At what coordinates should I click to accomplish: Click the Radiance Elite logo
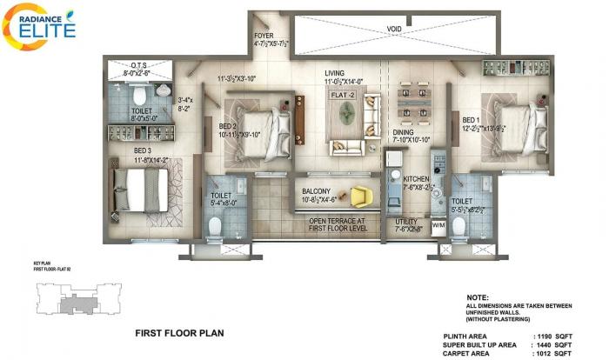click(39, 26)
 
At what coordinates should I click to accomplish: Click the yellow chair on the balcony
click(361, 197)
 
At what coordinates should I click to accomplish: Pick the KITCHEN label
click(416, 179)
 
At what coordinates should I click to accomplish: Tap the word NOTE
click(478, 297)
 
